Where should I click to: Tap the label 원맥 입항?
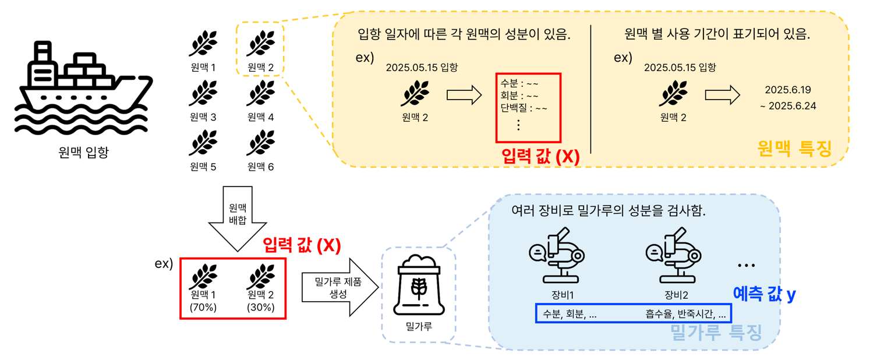84,153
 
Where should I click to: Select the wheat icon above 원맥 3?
203,94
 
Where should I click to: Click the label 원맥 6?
260,167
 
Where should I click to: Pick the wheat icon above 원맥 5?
203,143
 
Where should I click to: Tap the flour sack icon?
418,286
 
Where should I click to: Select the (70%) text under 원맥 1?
203,307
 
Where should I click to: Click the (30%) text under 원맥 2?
261,307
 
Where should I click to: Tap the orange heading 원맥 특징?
794,149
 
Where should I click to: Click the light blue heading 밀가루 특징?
716,333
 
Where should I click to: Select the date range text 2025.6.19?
787,90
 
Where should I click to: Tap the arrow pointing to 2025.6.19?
722,96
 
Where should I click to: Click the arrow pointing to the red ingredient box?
464,96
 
